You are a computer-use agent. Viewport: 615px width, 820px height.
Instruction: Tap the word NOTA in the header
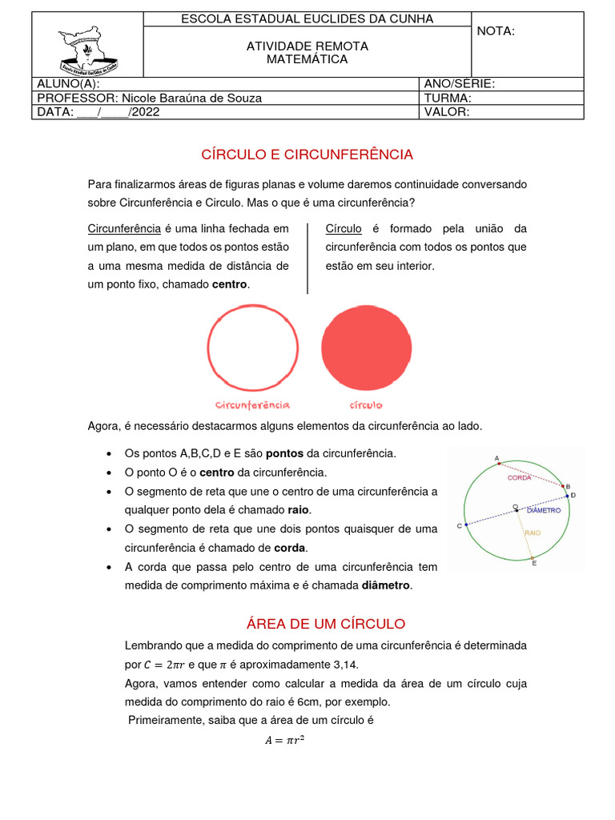click(x=496, y=31)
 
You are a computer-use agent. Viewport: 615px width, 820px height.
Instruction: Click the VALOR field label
click(x=447, y=112)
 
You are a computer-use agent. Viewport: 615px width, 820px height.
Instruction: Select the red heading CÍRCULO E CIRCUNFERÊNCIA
click(x=307, y=154)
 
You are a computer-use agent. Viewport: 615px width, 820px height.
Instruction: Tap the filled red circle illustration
click(x=367, y=348)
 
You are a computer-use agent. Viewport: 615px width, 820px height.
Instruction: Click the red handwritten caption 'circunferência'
click(x=252, y=404)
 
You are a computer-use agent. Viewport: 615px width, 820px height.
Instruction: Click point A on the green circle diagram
click(x=498, y=463)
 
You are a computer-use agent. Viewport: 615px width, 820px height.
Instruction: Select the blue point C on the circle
click(x=465, y=525)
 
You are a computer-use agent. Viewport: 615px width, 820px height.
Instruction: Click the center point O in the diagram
click(x=517, y=509)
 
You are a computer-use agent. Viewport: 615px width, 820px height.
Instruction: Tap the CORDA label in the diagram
click(x=519, y=478)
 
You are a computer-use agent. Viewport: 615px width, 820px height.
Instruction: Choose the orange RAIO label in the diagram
click(x=533, y=532)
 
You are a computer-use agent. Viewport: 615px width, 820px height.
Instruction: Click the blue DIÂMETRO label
click(x=545, y=510)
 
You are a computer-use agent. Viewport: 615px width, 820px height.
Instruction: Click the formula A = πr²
click(x=285, y=741)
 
